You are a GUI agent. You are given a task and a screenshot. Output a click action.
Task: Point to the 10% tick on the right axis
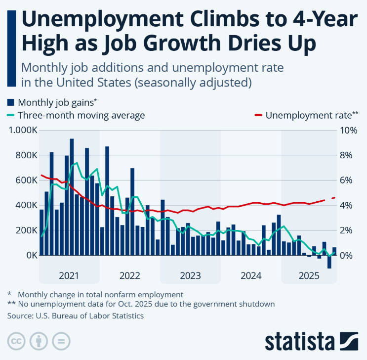pos(347,130)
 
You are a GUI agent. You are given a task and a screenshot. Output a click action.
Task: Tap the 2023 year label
pos(190,275)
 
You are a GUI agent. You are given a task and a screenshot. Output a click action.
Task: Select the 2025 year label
pos(309,275)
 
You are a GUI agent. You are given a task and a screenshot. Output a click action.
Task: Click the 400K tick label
pos(24,205)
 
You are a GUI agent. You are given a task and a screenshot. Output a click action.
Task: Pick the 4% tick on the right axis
pos(345,205)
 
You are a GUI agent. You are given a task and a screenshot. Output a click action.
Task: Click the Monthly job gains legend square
pos(10,102)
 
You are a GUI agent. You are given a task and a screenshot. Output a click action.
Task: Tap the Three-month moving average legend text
pos(81,116)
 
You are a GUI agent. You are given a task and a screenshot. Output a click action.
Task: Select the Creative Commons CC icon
pos(16,342)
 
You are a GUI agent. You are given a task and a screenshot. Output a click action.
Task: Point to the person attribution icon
pos(39,342)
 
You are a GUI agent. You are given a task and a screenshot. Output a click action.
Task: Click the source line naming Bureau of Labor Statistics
pos(75,315)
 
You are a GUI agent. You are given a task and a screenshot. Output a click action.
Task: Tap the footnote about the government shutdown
pos(141,304)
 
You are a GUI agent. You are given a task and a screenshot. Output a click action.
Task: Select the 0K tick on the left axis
pos(29,255)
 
